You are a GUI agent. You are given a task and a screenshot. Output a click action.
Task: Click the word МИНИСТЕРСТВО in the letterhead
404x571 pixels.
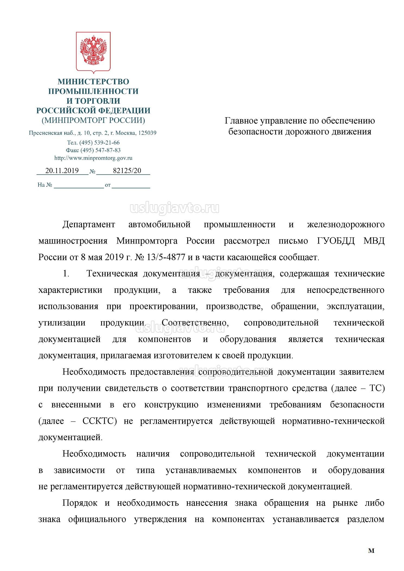click(93, 82)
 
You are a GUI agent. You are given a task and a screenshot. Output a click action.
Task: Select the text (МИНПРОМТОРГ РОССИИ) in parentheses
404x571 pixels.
click(93, 120)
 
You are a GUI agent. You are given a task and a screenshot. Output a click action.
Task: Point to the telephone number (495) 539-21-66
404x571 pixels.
click(102, 143)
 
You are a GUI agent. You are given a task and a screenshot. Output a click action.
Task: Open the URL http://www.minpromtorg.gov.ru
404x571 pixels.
click(93, 158)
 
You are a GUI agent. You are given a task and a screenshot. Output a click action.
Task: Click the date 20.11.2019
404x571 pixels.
click(62, 171)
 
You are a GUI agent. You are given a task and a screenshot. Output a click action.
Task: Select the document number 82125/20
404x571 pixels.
click(127, 171)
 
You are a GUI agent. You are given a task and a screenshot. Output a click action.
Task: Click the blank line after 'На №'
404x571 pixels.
click(79, 186)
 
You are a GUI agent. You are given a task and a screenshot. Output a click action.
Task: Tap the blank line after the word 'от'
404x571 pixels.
click(131, 186)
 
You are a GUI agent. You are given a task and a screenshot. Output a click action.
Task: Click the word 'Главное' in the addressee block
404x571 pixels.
click(241, 121)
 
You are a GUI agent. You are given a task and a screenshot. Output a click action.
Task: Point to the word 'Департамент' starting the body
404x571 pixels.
click(89, 225)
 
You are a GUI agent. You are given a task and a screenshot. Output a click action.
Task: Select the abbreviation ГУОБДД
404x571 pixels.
click(336, 241)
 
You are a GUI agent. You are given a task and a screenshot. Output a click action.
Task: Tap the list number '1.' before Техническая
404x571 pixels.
click(66, 274)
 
